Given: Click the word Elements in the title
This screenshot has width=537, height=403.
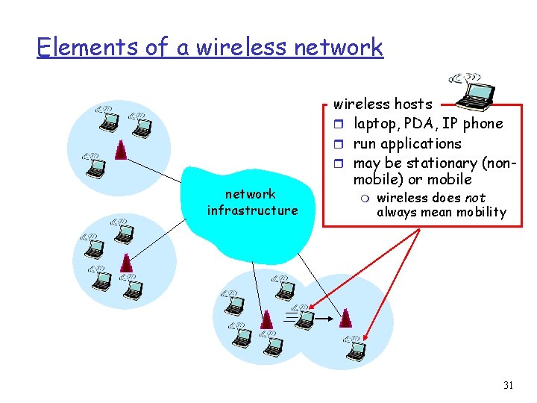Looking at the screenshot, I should pyautogui.click(x=87, y=47).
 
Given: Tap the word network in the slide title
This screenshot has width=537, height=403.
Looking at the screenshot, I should pyautogui.click(x=339, y=47).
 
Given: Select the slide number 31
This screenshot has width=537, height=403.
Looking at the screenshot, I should pyautogui.click(x=509, y=385).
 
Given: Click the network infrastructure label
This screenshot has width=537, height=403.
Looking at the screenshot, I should pyautogui.click(x=252, y=202).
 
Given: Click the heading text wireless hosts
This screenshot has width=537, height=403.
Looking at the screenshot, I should pyautogui.click(x=383, y=104).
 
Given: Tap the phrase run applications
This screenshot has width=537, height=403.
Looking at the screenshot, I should pyautogui.click(x=407, y=143).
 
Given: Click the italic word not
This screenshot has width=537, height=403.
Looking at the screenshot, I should pyautogui.click(x=475, y=198).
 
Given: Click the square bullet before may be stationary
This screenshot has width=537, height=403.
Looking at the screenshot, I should pyautogui.click(x=337, y=163).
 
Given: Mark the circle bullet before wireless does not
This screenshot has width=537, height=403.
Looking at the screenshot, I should pyautogui.click(x=365, y=199).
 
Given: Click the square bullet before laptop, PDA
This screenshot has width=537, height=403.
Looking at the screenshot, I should pyautogui.click(x=337, y=124).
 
